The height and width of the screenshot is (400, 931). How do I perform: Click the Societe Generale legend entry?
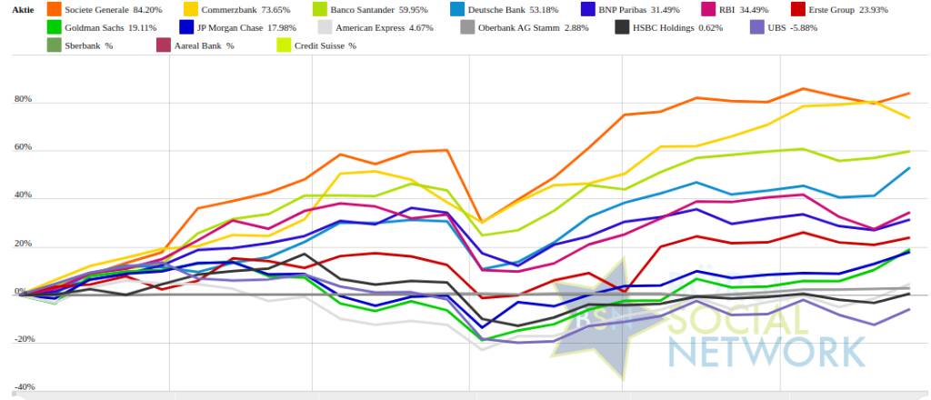108,9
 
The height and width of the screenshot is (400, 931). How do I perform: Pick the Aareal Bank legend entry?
204,45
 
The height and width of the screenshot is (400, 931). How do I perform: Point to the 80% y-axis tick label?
23,99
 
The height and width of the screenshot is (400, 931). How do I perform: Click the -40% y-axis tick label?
22,386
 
